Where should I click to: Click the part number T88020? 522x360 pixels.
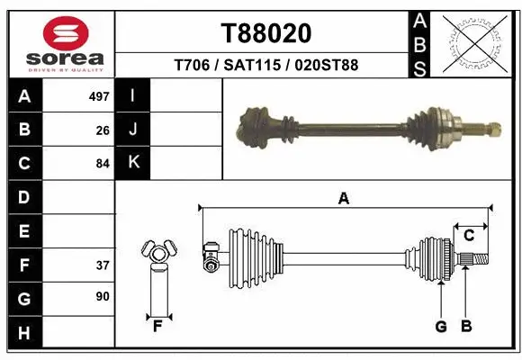tap(266, 33)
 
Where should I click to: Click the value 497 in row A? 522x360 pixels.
tap(99, 96)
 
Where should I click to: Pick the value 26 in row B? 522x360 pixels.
tap(103, 130)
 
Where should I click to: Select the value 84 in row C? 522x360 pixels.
tap(103, 164)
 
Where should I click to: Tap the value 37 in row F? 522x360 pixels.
tap(103, 265)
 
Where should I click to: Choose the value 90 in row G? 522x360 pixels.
tap(103, 296)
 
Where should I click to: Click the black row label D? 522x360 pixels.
tap(24, 197)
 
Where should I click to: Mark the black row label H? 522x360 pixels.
tap(24, 332)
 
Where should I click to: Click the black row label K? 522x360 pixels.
tap(133, 163)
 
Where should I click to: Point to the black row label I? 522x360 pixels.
tap(133, 95)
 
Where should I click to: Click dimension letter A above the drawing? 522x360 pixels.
tap(343, 199)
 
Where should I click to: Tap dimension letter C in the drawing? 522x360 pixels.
tap(469, 236)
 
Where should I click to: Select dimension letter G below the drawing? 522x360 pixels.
tap(441, 327)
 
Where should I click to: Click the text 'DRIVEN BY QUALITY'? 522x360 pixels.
tap(66, 69)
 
